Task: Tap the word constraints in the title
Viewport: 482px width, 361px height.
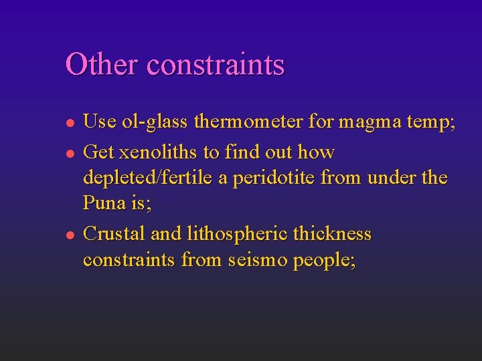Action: pos(216,65)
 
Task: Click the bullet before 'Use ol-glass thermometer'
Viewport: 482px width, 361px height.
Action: pos(68,122)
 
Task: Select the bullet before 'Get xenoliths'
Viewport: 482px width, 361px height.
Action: pos(68,153)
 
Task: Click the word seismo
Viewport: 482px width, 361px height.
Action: pos(258,259)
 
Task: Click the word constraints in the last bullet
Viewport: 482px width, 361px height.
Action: pos(129,259)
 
